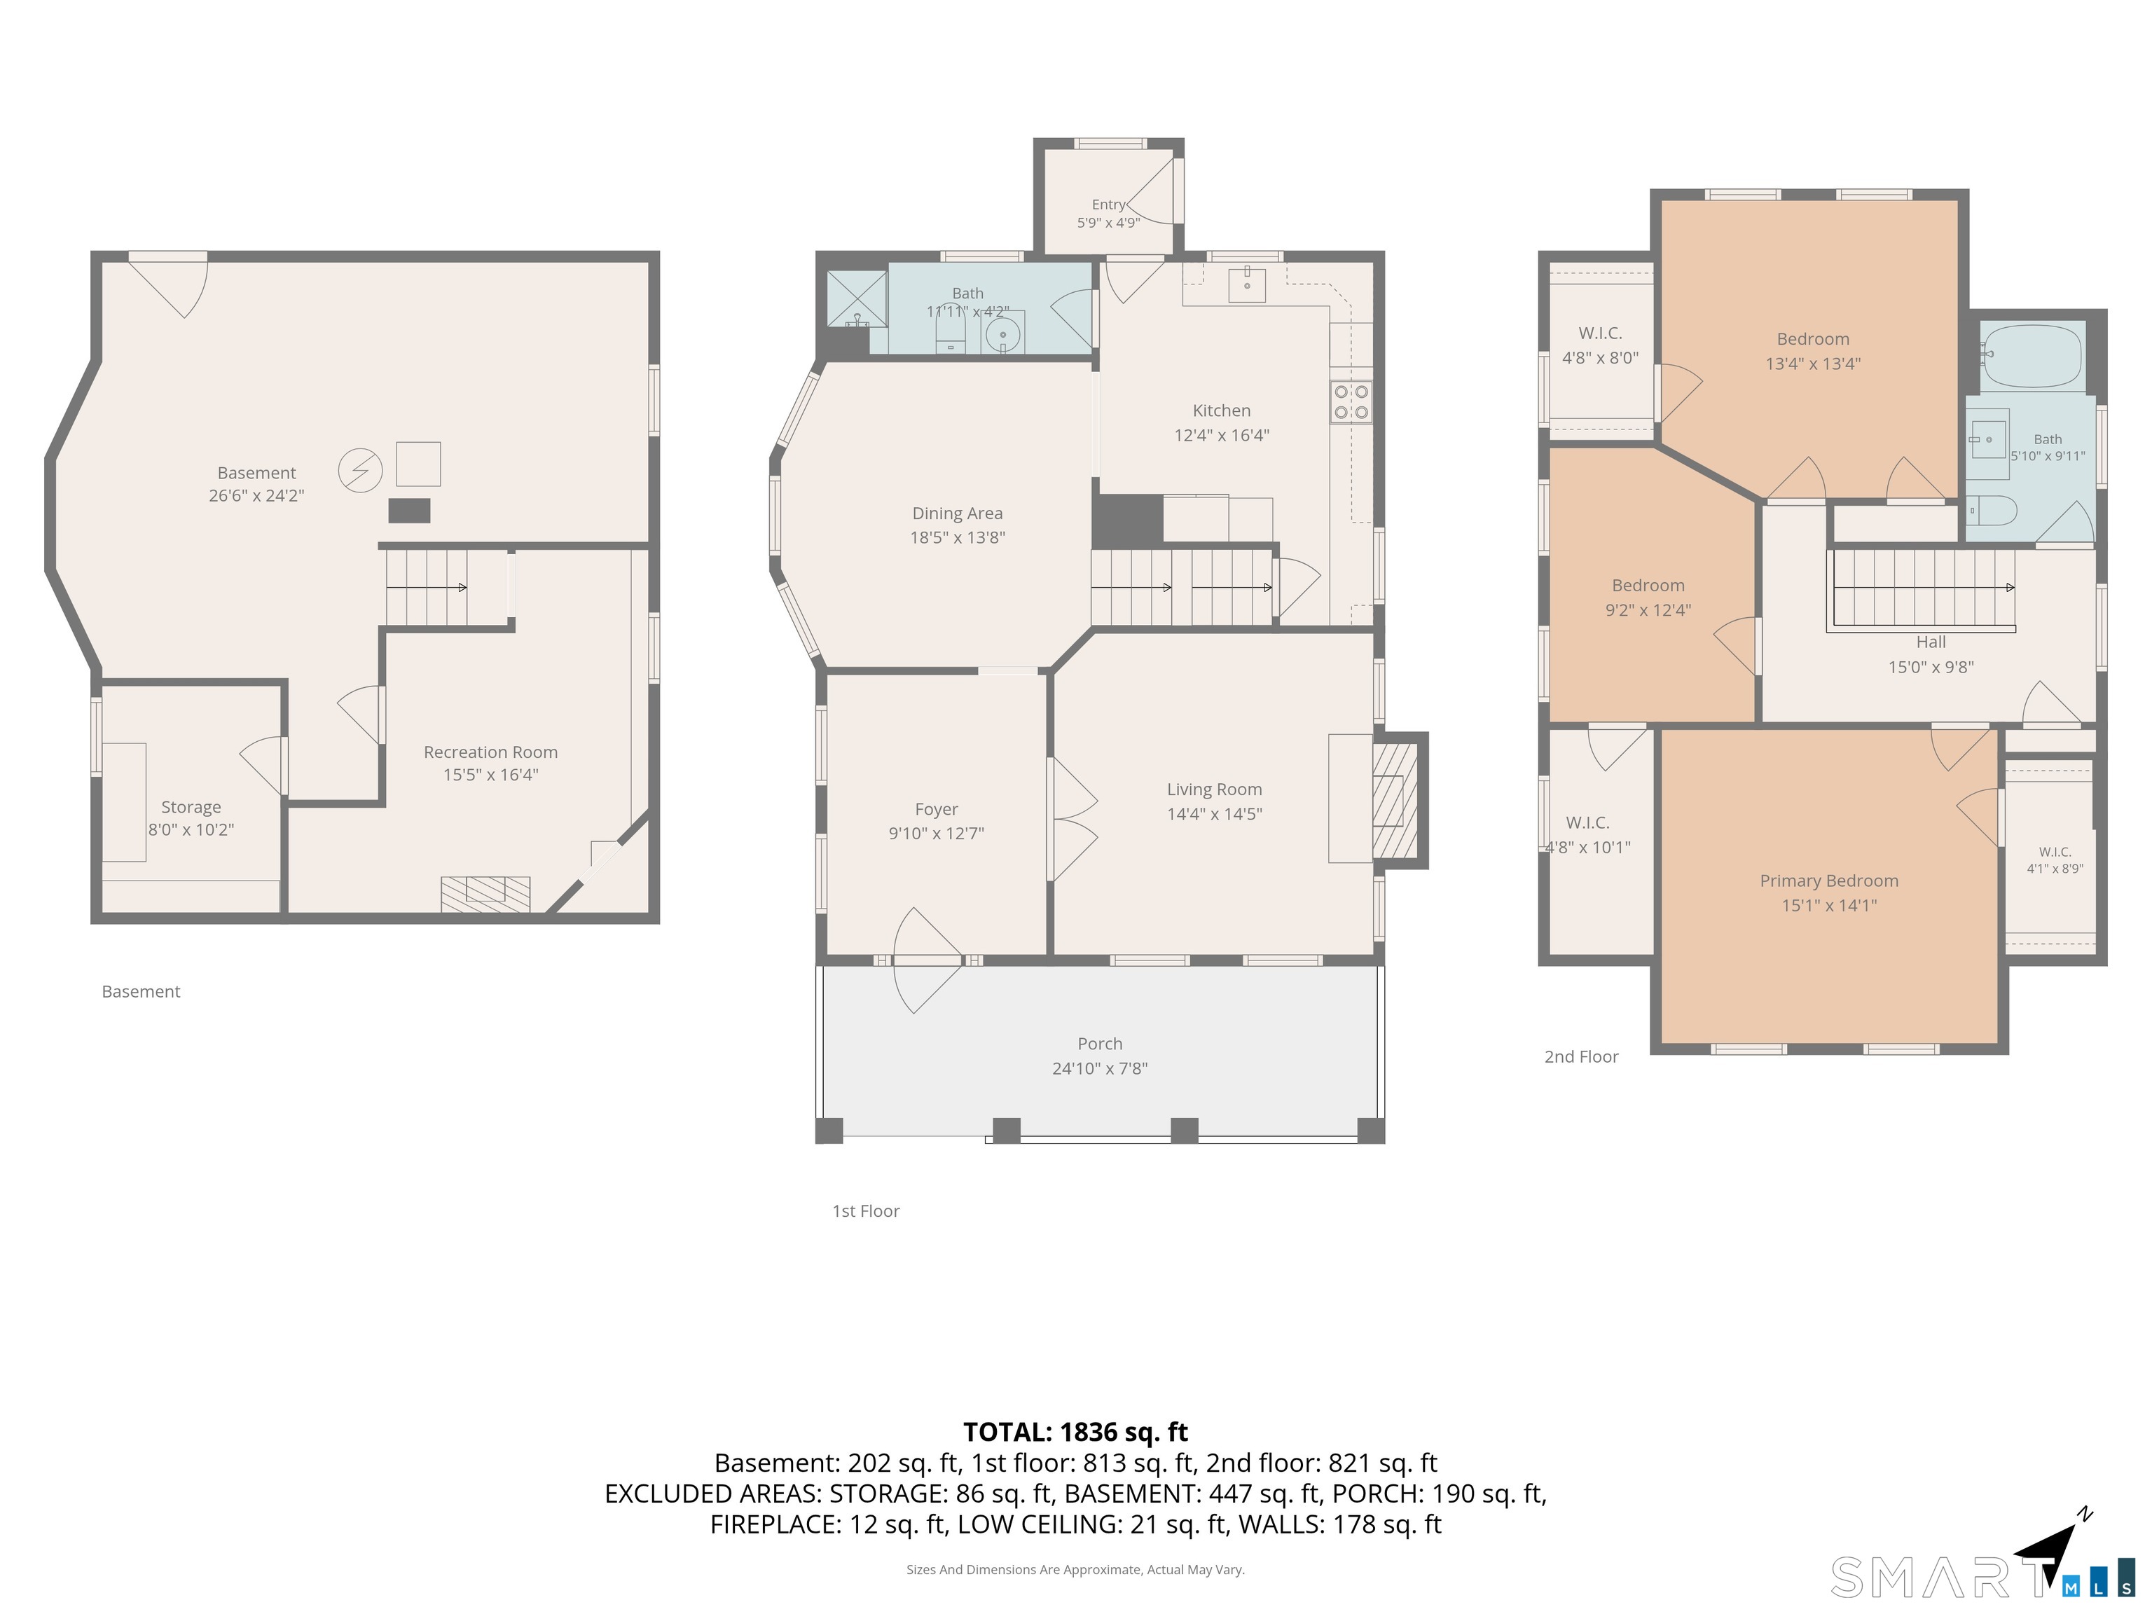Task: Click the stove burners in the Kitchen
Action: tap(1351, 402)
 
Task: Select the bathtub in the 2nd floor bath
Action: tap(2034, 356)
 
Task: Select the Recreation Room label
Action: tap(490, 752)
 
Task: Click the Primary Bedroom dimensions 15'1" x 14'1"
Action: tap(1829, 905)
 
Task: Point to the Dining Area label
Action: tap(958, 513)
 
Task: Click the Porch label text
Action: tap(1101, 1043)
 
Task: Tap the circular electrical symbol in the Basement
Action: tap(360, 471)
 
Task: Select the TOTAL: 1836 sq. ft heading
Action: tap(1075, 1432)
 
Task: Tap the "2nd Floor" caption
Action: tap(1581, 1056)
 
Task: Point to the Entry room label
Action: tap(1108, 205)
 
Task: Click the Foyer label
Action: tap(936, 808)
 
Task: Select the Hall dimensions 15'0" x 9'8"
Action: tap(1930, 666)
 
